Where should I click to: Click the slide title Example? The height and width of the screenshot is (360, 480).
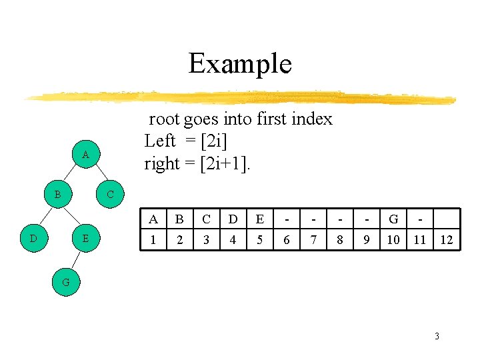point(240,64)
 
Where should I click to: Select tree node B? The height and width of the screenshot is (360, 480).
point(58,195)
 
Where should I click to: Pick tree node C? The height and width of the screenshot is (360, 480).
point(111,195)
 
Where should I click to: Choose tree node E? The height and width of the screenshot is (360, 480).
point(85,238)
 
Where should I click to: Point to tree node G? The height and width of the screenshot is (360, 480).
point(65,282)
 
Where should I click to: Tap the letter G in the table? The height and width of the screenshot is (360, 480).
point(393,219)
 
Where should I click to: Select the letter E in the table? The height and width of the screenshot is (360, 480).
point(259,219)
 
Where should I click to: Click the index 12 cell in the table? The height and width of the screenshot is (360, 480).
point(446,240)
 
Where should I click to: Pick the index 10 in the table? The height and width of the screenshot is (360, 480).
point(393,240)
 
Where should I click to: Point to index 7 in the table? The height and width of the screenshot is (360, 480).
point(313,240)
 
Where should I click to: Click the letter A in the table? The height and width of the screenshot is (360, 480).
point(153,219)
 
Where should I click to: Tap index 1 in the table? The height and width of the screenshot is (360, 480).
point(153,240)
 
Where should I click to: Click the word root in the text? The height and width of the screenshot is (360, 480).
point(163,119)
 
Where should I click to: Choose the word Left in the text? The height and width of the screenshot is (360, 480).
point(160,141)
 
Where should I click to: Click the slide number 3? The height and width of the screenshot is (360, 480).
point(437,336)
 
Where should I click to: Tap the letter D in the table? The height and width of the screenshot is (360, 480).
point(233,219)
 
